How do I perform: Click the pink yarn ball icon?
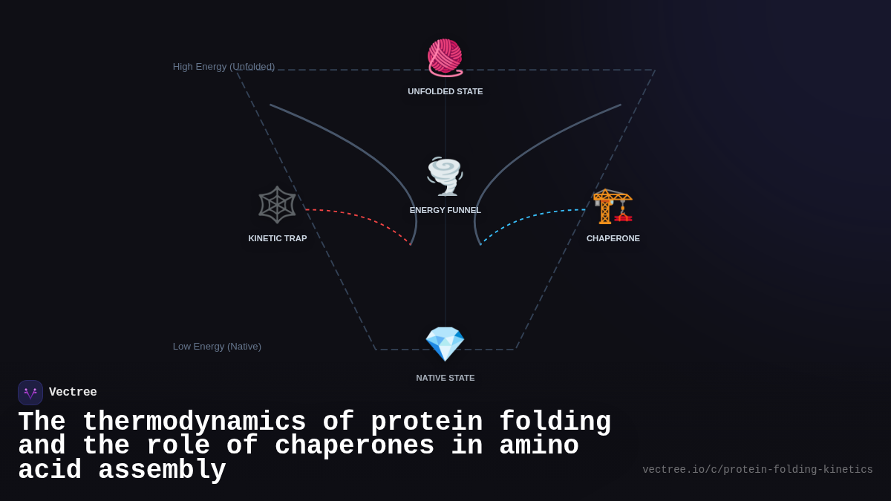point(445,58)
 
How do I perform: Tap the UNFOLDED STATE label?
point(446,91)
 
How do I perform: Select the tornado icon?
point(445,177)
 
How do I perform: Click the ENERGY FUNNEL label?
point(446,210)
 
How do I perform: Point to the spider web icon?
point(277,205)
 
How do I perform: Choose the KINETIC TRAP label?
point(278,238)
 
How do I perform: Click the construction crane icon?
point(613,206)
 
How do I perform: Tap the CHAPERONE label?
point(613,238)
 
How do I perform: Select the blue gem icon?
point(445,344)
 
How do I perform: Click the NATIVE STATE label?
point(446,378)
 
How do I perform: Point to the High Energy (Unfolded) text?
point(223,67)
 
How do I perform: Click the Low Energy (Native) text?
point(217,347)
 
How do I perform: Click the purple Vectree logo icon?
point(30,393)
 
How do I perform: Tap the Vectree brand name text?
point(73,393)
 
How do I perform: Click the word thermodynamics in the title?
point(194,422)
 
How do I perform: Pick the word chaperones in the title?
point(354,446)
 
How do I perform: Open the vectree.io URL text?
point(757,470)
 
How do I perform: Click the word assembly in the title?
point(162,471)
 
